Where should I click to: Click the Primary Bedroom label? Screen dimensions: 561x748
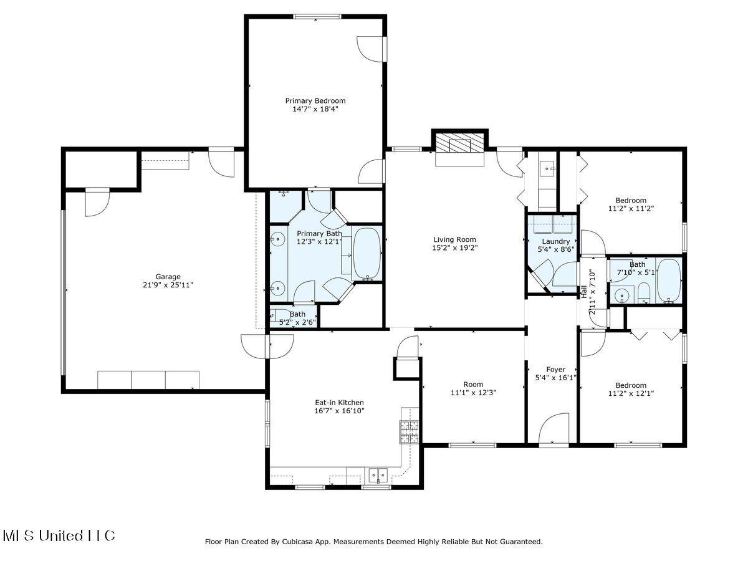(315, 100)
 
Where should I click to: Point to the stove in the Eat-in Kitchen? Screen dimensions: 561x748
(409, 432)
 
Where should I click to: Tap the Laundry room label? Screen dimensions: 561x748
(555, 241)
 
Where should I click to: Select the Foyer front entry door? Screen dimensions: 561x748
(554, 430)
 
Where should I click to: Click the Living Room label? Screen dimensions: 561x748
(455, 239)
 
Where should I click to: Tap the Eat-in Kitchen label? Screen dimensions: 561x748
(339, 403)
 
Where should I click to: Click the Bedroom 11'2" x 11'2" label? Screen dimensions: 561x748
(631, 201)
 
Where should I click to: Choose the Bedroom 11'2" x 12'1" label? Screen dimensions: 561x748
(631, 385)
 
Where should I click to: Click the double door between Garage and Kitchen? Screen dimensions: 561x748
(268, 347)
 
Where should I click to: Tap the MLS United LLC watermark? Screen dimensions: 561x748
(59, 535)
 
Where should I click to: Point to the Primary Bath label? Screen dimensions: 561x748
(319, 234)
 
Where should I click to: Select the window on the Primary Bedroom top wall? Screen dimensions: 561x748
(316, 17)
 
